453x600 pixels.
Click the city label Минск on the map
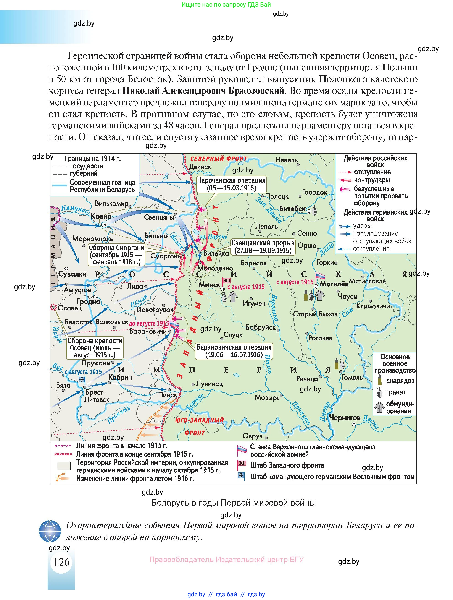(x=209, y=284)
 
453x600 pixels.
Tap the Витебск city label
(x=292, y=209)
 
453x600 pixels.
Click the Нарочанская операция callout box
(x=231, y=184)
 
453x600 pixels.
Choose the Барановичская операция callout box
(x=234, y=351)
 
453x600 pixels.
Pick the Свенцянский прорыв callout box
(x=263, y=247)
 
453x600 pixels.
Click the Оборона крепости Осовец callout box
(x=95, y=348)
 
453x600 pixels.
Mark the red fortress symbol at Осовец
(x=53, y=307)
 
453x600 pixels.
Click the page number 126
(x=61, y=562)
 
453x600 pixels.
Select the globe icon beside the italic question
(x=50, y=531)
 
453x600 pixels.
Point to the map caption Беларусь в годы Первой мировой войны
(x=233, y=503)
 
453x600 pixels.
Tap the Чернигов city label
(x=345, y=417)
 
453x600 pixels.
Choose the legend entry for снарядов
(x=400, y=381)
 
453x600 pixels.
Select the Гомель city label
(x=352, y=377)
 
